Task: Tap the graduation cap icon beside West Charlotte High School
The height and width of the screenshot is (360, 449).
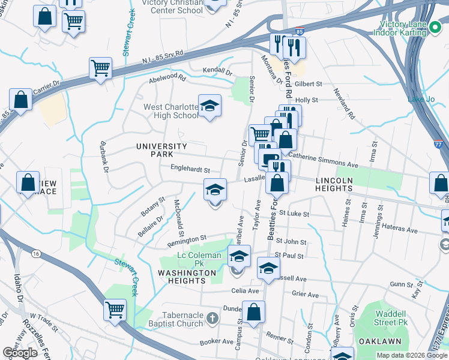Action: [x=209, y=106]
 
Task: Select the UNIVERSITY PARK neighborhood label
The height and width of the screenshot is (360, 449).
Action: [x=161, y=150]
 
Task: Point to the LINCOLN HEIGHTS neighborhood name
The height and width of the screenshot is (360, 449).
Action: [x=343, y=184]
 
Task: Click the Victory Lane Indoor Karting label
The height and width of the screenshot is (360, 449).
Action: [x=412, y=29]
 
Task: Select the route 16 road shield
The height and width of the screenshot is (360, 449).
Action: [x=37, y=254]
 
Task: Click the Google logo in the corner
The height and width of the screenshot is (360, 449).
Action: [x=20, y=353]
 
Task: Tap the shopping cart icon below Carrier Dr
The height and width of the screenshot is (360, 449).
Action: [x=101, y=68]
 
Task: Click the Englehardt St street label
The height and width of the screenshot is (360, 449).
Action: [x=190, y=169]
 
